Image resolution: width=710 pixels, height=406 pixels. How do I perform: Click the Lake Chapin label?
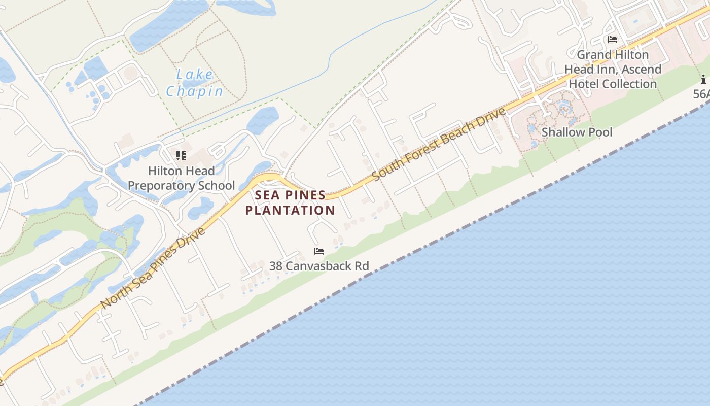(x=194, y=83)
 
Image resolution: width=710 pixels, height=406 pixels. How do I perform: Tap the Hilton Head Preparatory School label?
(x=181, y=178)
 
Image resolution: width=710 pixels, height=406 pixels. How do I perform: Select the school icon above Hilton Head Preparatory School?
(x=181, y=156)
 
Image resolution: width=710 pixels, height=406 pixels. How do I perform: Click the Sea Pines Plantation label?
(x=290, y=202)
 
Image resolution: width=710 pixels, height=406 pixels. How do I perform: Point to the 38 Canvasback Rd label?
(x=319, y=266)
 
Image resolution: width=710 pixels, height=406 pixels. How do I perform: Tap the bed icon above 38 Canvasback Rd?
(x=319, y=251)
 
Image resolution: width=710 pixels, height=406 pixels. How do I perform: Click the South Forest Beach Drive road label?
(x=439, y=144)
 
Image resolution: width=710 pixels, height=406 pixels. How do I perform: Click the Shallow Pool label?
(x=577, y=132)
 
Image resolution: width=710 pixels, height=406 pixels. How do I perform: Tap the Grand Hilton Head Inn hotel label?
(x=613, y=69)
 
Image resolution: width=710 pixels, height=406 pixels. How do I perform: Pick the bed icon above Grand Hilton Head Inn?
(x=613, y=40)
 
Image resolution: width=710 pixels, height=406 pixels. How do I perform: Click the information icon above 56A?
(x=703, y=80)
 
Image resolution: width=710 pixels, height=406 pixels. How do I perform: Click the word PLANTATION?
(x=290, y=210)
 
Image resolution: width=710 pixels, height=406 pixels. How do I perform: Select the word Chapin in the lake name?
(x=194, y=91)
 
